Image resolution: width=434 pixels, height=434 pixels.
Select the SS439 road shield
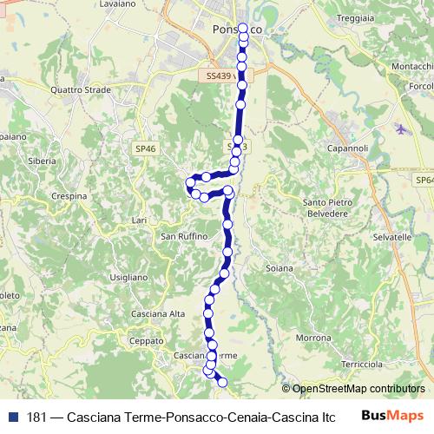tap(219, 76)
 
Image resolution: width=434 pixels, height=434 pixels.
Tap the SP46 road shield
tap(146, 149)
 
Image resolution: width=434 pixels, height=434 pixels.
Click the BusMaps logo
tap(392, 416)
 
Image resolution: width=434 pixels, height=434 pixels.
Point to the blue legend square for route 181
tap(10, 417)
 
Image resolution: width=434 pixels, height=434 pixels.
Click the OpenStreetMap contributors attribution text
tap(358, 389)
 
